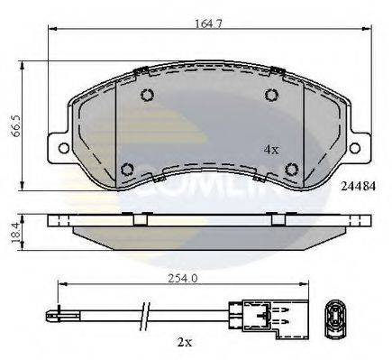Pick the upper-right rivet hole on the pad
(269, 97)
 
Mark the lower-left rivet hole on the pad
(127, 167)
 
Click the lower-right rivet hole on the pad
(290, 166)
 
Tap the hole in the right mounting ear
(355, 146)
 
